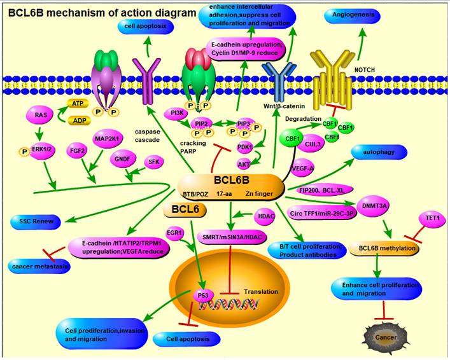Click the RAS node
tap(41, 114)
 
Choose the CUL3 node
tap(313, 145)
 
